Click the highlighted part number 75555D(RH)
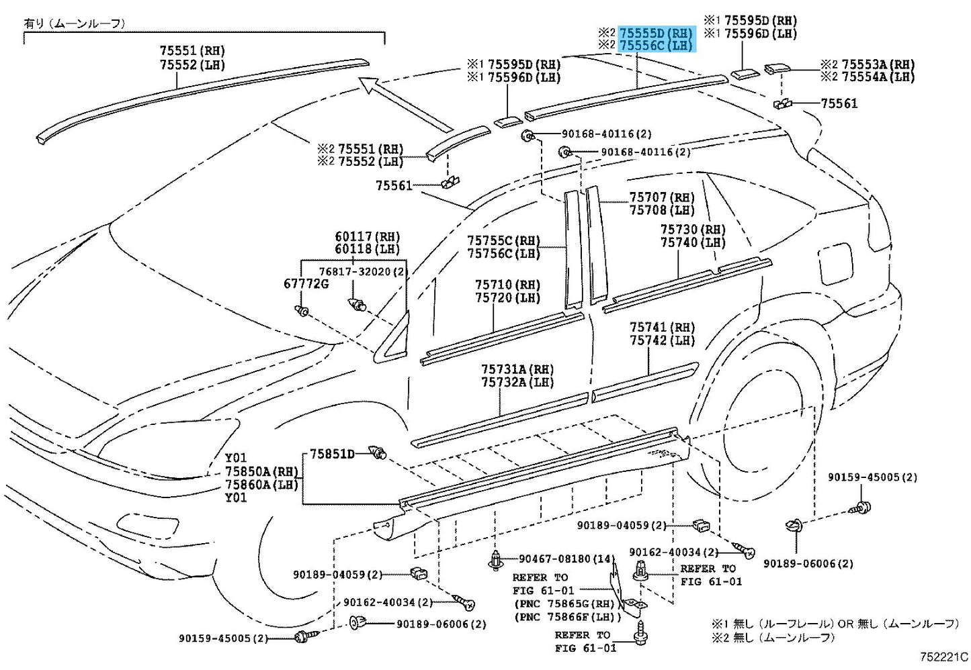pyautogui.click(x=656, y=33)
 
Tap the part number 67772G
pyautogui.click(x=306, y=284)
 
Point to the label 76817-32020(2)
pyautogui.click(x=363, y=272)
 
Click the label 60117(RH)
pyautogui.click(x=367, y=236)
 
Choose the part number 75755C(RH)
pyautogui.click(x=503, y=240)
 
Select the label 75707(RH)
pyautogui.click(x=661, y=197)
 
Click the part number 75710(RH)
pyautogui.click(x=507, y=285)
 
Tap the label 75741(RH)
pyautogui.click(x=662, y=327)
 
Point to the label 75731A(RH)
pyautogui.click(x=517, y=369)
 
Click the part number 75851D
pyautogui.click(x=332, y=454)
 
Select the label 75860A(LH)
pyautogui.click(x=261, y=485)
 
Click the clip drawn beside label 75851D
pyautogui.click(x=378, y=454)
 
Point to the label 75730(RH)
pyautogui.click(x=692, y=230)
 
